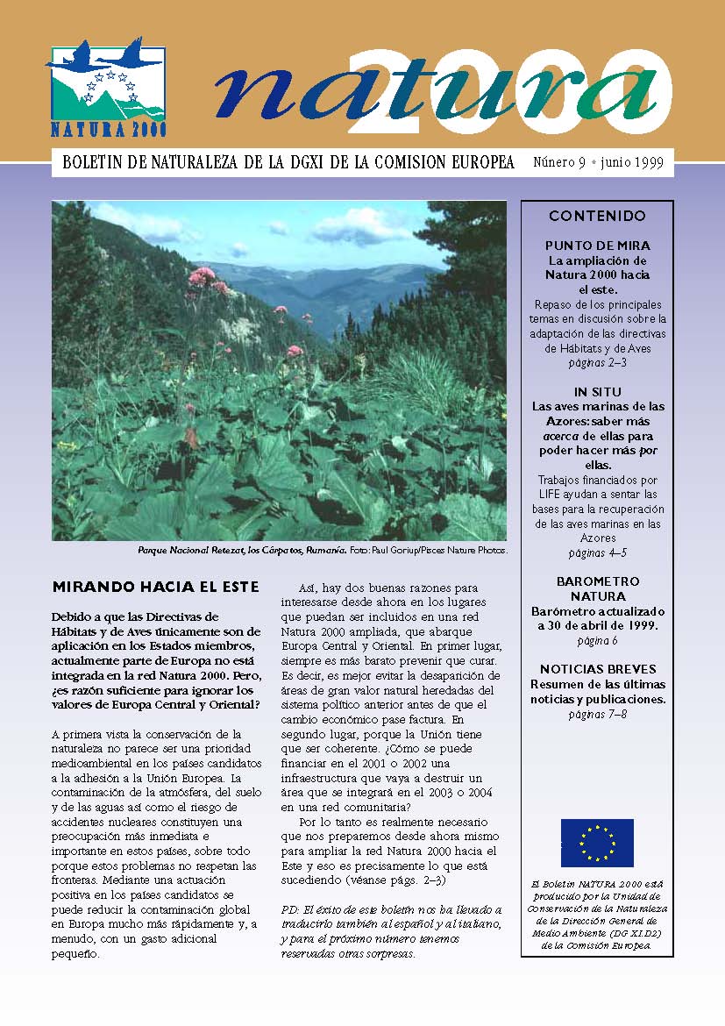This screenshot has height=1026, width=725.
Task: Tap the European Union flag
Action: (x=597, y=842)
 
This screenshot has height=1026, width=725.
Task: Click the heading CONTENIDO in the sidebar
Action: (x=597, y=216)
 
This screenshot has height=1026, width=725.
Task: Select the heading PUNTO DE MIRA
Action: (x=597, y=246)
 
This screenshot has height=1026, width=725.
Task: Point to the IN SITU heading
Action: (x=597, y=392)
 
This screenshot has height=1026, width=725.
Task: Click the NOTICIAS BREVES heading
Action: (x=597, y=669)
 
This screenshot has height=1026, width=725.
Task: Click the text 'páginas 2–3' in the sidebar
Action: (x=597, y=362)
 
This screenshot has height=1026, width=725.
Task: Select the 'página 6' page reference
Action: (x=597, y=640)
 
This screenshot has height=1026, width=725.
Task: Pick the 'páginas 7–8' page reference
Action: (x=597, y=714)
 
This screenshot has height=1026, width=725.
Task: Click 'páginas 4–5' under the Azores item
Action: (x=597, y=552)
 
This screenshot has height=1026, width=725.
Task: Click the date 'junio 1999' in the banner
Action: (x=632, y=163)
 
